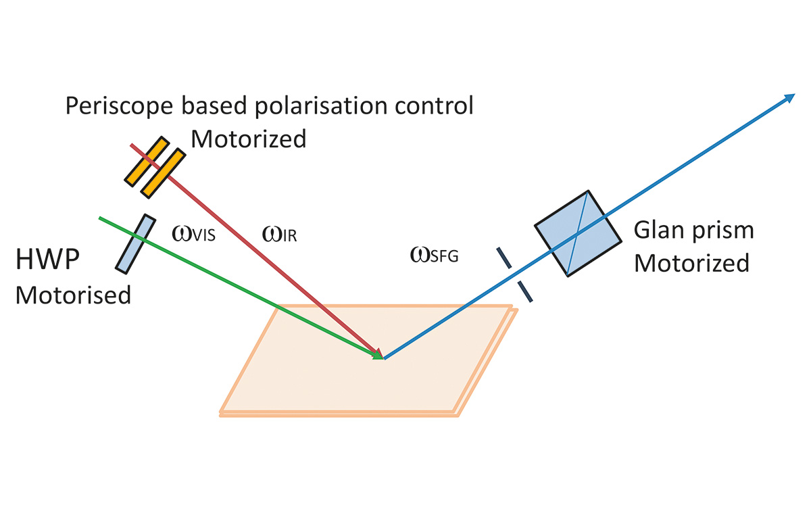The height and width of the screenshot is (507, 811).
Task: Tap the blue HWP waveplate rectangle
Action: pyautogui.click(x=132, y=243)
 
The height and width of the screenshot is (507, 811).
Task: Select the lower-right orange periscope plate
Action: pyautogui.click(x=164, y=173)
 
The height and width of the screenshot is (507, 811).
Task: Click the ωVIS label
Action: pyautogui.click(x=193, y=235)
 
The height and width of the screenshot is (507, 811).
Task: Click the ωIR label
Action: pyautogui.click(x=279, y=235)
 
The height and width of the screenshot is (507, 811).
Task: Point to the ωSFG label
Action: pyautogui.click(x=435, y=255)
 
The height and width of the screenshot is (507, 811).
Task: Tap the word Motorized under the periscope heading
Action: pyautogui.click(x=249, y=139)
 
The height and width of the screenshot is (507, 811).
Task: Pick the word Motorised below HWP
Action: pyautogui.click(x=73, y=295)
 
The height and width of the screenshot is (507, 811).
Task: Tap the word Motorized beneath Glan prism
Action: pyautogui.click(x=691, y=262)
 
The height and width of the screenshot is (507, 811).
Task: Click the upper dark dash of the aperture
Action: pyautogui.click(x=504, y=258)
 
